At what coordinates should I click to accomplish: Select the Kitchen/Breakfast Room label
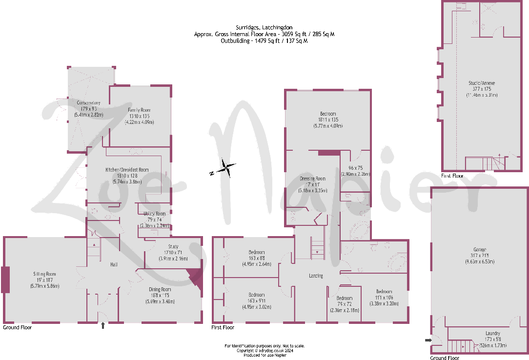coord(127,170)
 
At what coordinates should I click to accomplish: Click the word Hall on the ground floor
coord(114,264)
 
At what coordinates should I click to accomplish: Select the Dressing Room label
coord(312,179)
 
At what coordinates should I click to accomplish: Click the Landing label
coord(316,276)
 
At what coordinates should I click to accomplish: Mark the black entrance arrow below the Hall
coord(102,325)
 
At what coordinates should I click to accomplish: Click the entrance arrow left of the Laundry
coord(428,340)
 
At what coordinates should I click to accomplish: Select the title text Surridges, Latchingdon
coord(264,28)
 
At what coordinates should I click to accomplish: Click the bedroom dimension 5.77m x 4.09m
coord(327,126)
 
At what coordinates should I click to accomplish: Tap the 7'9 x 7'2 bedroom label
coord(345,298)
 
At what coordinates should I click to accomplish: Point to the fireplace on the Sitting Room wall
coord(5,280)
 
